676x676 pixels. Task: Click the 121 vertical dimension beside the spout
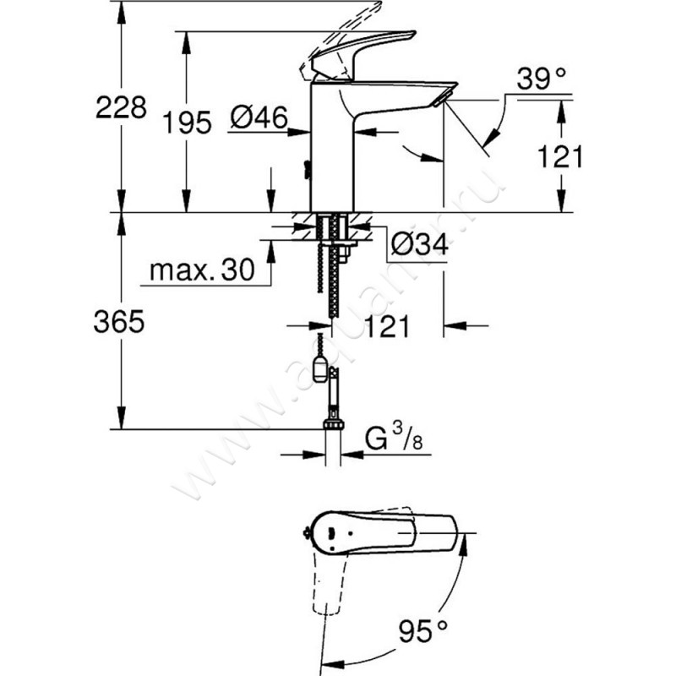(561, 155)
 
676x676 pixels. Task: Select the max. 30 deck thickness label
(201, 270)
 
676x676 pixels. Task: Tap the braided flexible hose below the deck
(324, 279)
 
